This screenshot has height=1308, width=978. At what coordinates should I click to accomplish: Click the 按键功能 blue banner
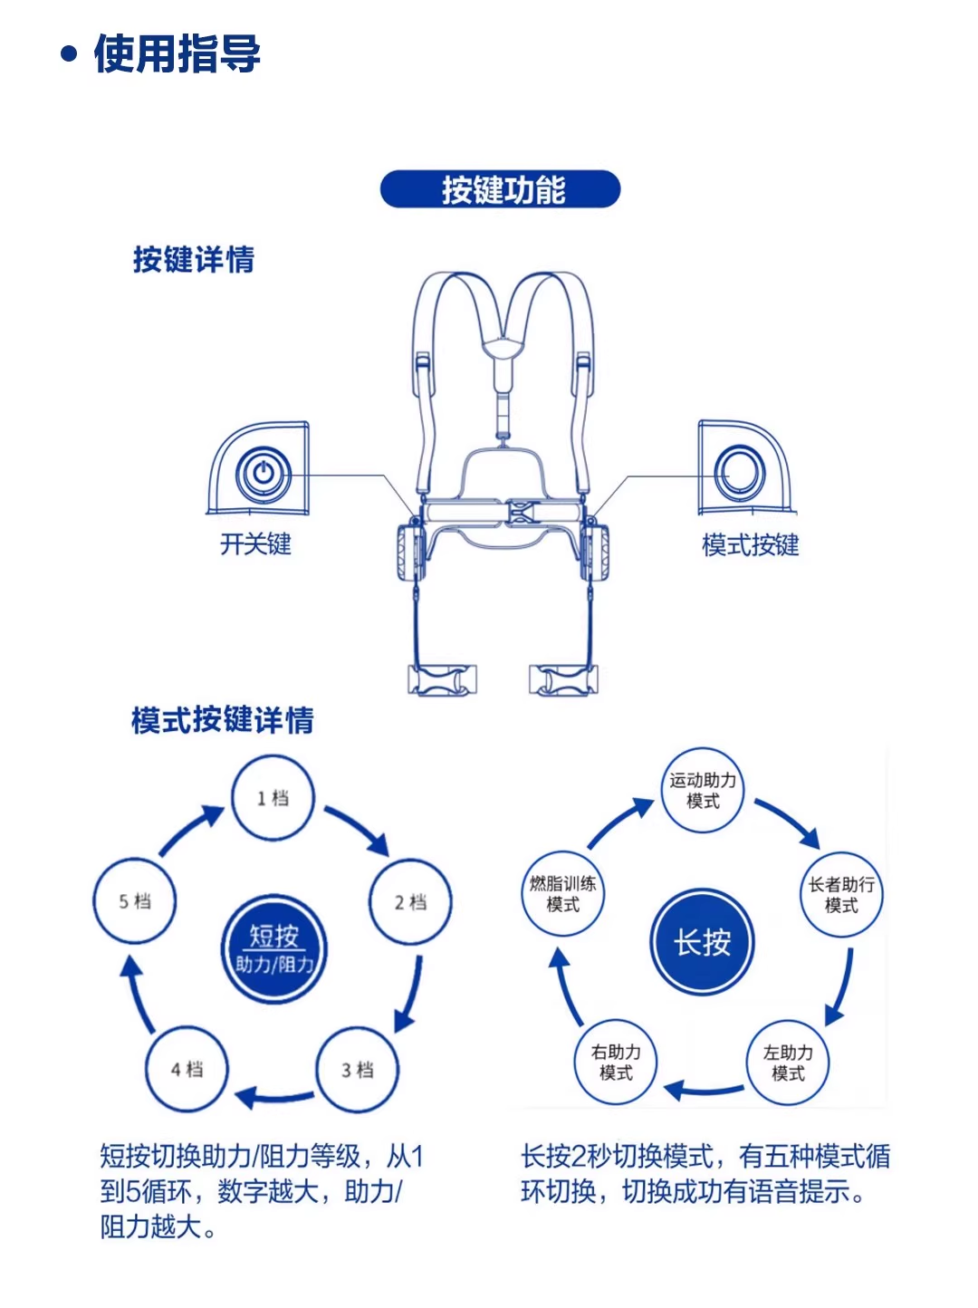pos(500,189)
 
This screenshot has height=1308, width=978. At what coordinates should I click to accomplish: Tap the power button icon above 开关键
pos(264,473)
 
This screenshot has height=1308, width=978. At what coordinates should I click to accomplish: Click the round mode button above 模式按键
pos(740,473)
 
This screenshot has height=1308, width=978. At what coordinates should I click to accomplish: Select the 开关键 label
pos(255,544)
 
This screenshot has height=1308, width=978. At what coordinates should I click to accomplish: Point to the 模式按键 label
pos(750,544)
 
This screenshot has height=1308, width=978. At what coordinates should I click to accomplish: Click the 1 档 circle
pos(273,798)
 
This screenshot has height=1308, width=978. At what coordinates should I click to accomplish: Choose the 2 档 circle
pos(410,901)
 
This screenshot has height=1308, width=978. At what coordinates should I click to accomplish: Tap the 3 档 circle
pos(357,1070)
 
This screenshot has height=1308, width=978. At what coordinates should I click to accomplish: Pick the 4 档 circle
pos(187,1070)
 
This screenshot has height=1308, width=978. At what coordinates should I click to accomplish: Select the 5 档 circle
pos(135,901)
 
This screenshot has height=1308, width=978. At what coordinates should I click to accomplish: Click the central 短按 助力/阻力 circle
pos(273,948)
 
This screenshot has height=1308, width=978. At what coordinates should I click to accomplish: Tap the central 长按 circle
pos(702,942)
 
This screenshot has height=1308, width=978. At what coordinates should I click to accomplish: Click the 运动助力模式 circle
pos(703,790)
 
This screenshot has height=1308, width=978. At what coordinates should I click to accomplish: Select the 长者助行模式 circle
pos(841,894)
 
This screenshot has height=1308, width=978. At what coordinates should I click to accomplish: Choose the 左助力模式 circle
pos(788,1062)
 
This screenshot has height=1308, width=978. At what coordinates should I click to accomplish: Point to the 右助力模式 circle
pos(616,1062)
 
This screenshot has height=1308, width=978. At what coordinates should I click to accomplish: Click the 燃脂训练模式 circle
pos(562,893)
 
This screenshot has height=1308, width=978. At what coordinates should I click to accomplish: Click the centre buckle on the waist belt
pos(523,513)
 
